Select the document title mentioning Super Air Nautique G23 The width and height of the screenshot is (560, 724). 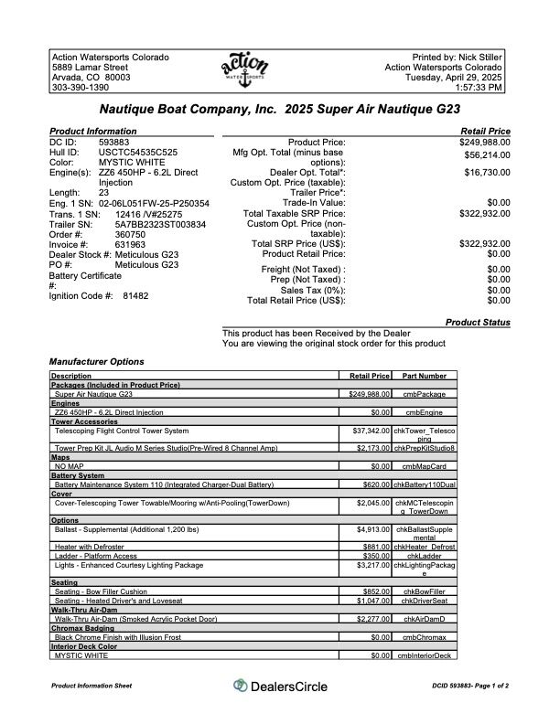279,110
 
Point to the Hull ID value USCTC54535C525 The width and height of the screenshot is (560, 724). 138,153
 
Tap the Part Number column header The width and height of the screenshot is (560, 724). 425,376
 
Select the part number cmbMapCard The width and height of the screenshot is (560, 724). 425,465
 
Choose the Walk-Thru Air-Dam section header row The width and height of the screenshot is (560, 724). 82,609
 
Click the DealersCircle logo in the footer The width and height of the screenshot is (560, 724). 280,686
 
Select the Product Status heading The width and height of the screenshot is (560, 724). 478,323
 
